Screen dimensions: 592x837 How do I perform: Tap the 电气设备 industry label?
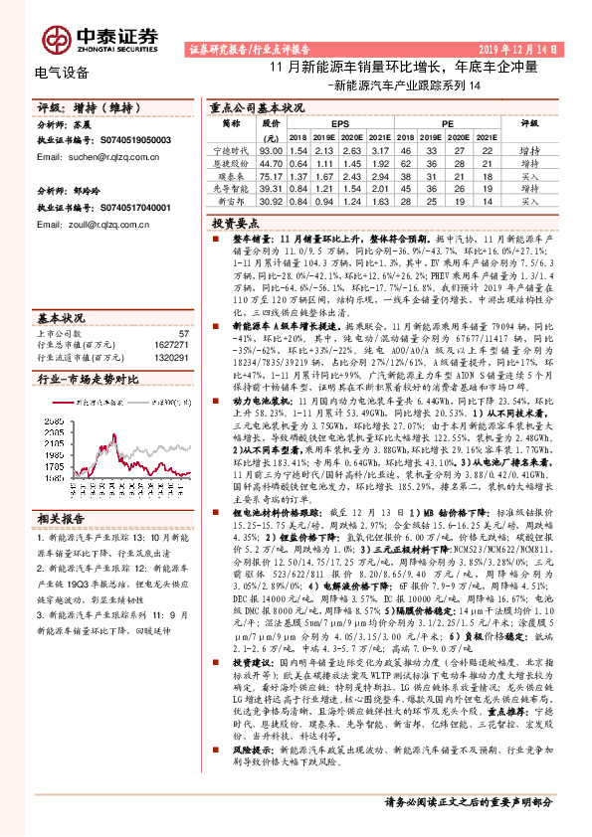tap(62, 73)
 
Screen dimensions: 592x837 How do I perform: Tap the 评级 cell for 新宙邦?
tap(530, 200)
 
